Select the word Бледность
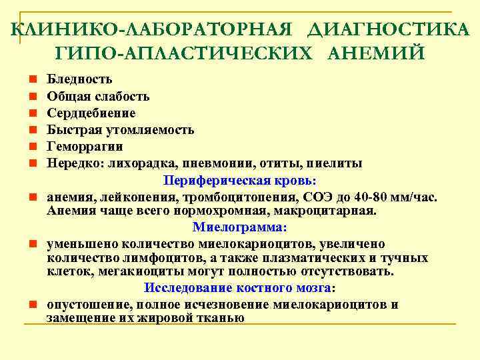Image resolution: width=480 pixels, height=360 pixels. (x=79, y=80)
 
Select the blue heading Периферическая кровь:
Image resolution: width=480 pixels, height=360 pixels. (x=240, y=181)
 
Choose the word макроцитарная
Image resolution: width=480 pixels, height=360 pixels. (x=327, y=211)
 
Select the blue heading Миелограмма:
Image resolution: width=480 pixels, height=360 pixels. (x=240, y=227)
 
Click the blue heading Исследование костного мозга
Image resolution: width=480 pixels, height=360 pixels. (x=237, y=288)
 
